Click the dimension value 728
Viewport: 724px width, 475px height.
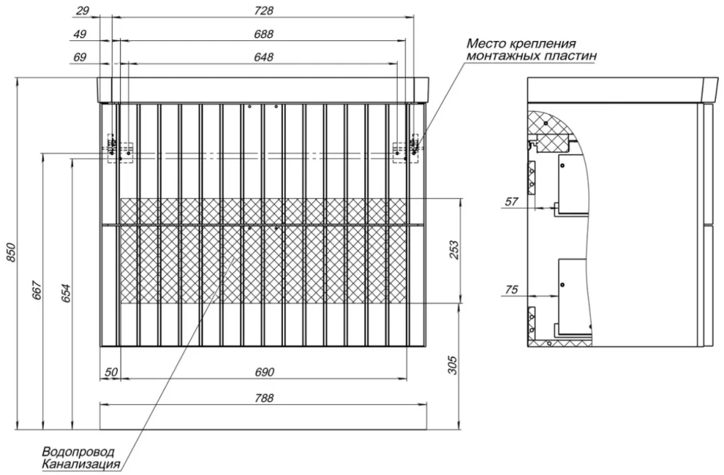263,10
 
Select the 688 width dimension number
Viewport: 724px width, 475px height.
263,34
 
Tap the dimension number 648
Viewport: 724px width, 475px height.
263,57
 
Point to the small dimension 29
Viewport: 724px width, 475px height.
81,10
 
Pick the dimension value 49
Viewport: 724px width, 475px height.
80,34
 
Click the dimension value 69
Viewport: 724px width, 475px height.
80,57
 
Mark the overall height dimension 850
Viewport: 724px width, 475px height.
11,254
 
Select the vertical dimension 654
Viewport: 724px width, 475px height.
67,293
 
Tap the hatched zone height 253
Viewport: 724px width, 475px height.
455,250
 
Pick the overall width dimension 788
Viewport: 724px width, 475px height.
263,397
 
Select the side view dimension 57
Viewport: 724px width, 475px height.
512,201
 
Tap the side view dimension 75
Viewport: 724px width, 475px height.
511,289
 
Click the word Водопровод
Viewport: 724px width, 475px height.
78,452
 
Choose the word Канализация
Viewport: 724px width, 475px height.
81,464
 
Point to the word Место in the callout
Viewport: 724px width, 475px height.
487,44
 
